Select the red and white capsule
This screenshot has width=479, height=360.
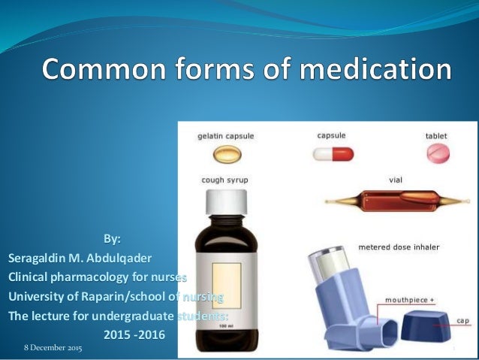[x=333, y=153]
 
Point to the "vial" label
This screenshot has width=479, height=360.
[x=395, y=180]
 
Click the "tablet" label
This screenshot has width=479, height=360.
[x=436, y=137]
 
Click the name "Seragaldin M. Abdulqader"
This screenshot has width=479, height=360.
[x=83, y=258]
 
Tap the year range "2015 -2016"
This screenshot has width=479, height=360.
[x=132, y=333]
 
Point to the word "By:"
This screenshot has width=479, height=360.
[x=111, y=240]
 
